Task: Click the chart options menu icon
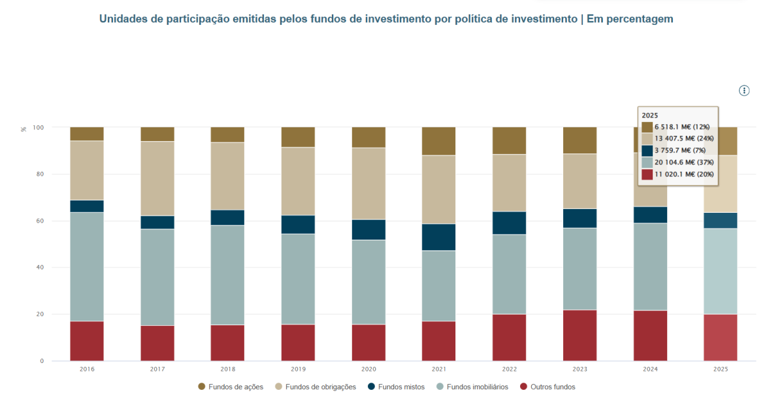tap(743, 91)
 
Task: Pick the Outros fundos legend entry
tap(547, 387)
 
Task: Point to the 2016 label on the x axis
tap(87, 370)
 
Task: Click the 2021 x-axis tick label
tap(438, 370)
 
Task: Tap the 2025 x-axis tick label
tap(721, 370)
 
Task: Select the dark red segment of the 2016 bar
tap(87, 341)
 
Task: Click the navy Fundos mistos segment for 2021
tap(438, 237)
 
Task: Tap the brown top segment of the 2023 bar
tap(580, 140)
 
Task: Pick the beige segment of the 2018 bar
tap(227, 176)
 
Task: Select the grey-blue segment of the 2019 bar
tap(298, 279)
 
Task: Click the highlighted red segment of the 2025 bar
tap(721, 338)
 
